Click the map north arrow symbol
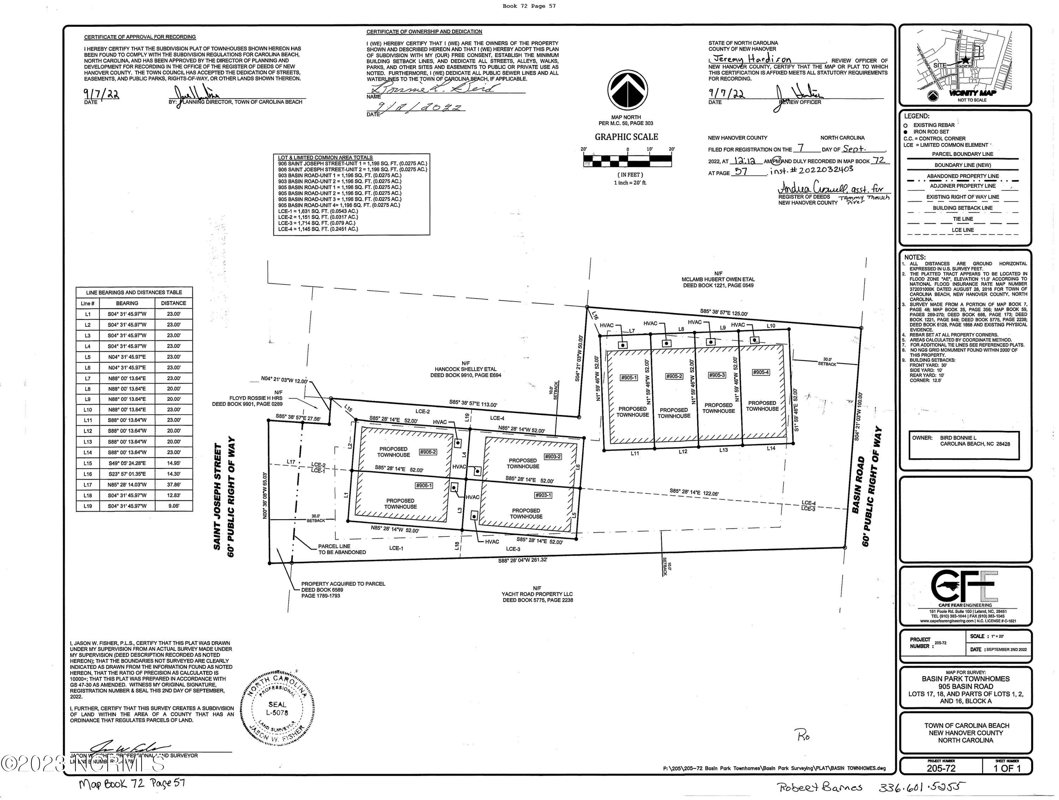tap(628, 90)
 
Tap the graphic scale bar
tap(627, 160)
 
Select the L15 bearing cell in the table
tap(127, 463)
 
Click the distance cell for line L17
tap(173, 485)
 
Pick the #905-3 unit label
tap(717, 375)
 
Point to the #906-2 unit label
tap(427, 452)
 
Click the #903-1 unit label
tap(543, 495)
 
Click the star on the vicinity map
tap(966, 60)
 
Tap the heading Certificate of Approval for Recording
tap(140, 37)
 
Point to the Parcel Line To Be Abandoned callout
tap(342, 549)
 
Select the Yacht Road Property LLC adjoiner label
tap(537, 594)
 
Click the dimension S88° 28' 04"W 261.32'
tap(522, 560)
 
